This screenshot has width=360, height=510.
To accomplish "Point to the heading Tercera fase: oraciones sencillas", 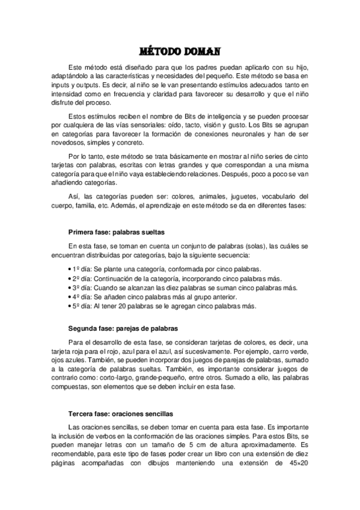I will point(121,414).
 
